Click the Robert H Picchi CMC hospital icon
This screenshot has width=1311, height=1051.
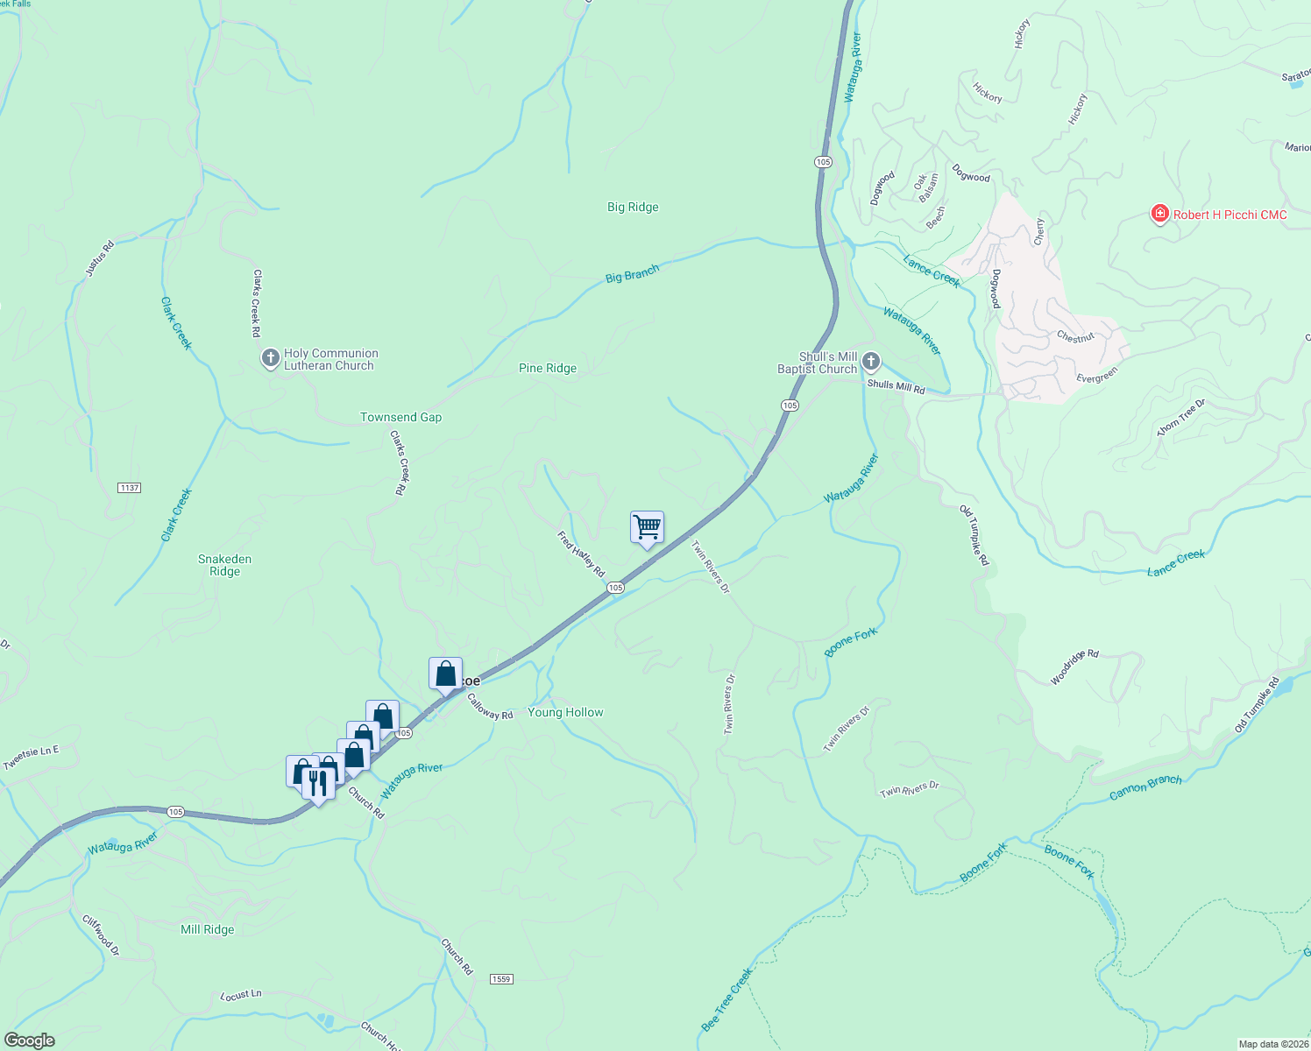pos(1159,214)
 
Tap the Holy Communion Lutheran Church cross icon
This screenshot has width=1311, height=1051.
pos(270,358)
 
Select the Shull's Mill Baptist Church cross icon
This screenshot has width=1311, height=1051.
pos(870,361)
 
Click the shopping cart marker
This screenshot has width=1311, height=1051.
pos(647,528)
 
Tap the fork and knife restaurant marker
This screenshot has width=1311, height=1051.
pos(318,782)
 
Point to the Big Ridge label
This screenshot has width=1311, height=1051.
pos(633,208)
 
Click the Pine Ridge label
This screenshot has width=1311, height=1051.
pos(548,369)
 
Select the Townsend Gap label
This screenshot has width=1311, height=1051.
pos(401,418)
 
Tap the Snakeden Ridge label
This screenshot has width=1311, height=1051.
pos(224,565)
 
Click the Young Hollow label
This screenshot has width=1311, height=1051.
pos(565,713)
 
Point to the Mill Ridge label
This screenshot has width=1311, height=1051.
pos(208,929)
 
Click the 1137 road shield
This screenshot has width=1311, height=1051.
pos(129,488)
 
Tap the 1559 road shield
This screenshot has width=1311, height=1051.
pos(500,979)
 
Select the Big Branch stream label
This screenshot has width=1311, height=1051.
pos(632,274)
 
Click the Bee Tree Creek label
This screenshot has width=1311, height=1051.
pos(727,999)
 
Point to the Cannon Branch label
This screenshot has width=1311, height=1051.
pos(1145,786)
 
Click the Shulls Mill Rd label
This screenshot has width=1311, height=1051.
pos(896,386)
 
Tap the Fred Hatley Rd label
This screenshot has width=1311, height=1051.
pos(581,554)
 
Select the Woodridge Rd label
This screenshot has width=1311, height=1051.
pos(1074,667)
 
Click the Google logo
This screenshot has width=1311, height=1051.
pos(30,1040)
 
